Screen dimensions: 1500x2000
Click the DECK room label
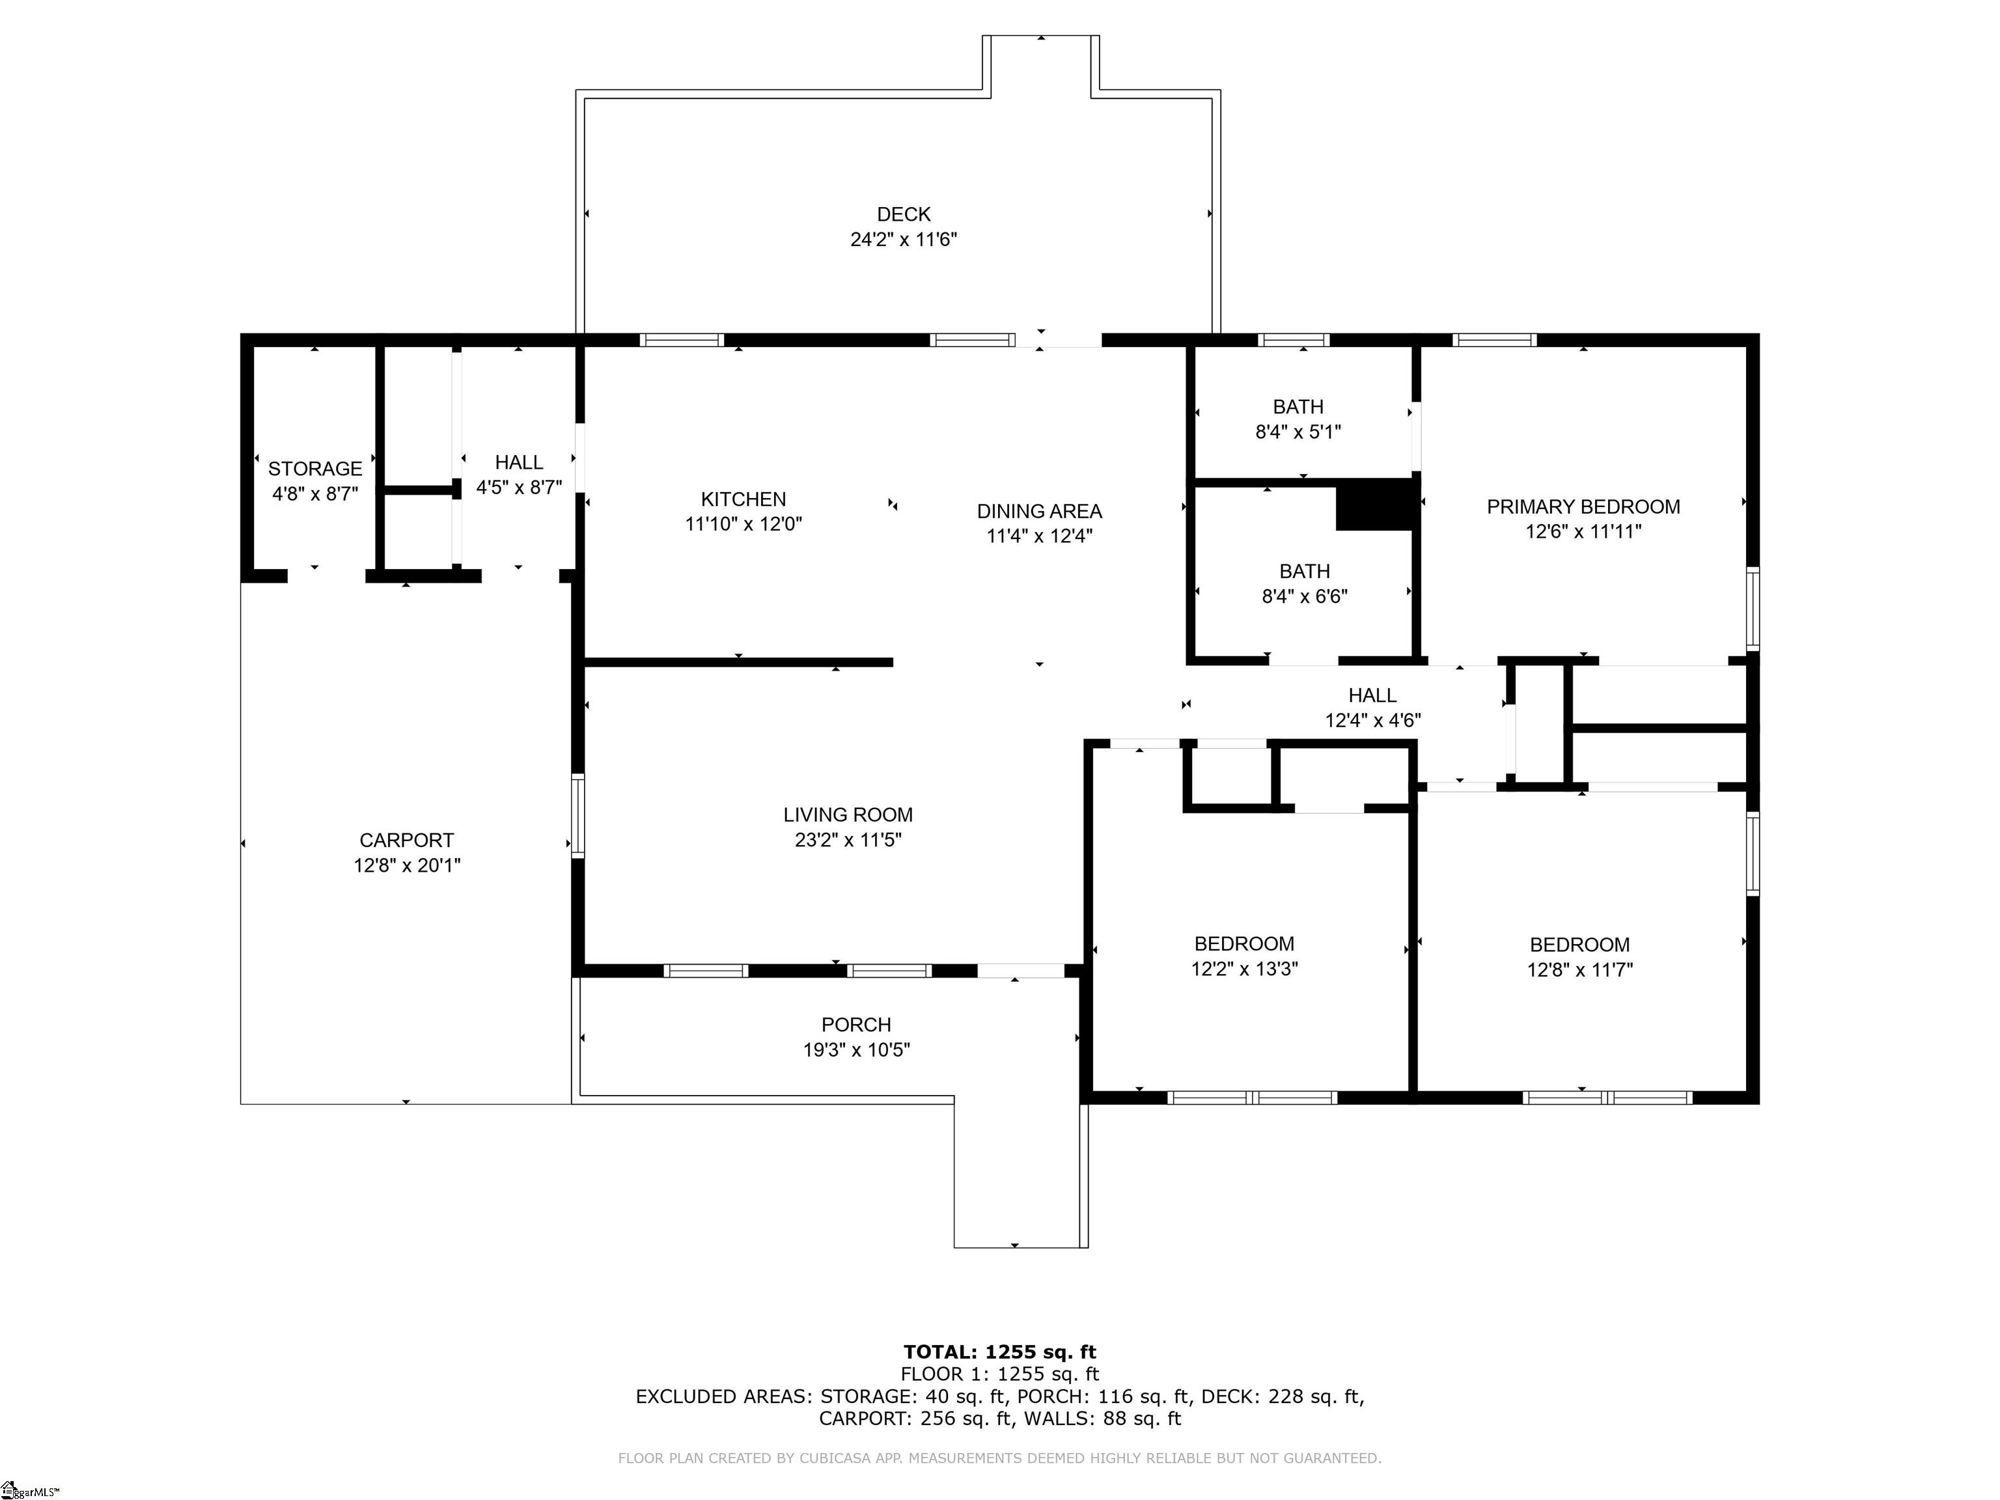point(903,214)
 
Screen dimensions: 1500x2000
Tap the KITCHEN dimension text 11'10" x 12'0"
point(743,523)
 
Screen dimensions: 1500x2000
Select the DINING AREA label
point(1039,511)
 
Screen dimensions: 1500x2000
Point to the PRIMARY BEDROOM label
point(1583,507)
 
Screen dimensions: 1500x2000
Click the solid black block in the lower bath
point(1374,505)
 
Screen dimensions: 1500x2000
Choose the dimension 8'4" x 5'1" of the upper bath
point(1298,432)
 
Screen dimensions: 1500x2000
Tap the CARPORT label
point(406,840)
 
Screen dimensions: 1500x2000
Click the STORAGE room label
point(314,468)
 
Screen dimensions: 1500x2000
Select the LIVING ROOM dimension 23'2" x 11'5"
point(847,840)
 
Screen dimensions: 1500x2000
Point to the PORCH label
point(855,1024)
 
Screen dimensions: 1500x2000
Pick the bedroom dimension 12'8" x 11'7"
point(1579,970)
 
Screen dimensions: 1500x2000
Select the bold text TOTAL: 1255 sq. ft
point(999,1352)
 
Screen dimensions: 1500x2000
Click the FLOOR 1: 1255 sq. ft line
point(999,1374)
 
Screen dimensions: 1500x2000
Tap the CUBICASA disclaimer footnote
point(999,1458)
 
